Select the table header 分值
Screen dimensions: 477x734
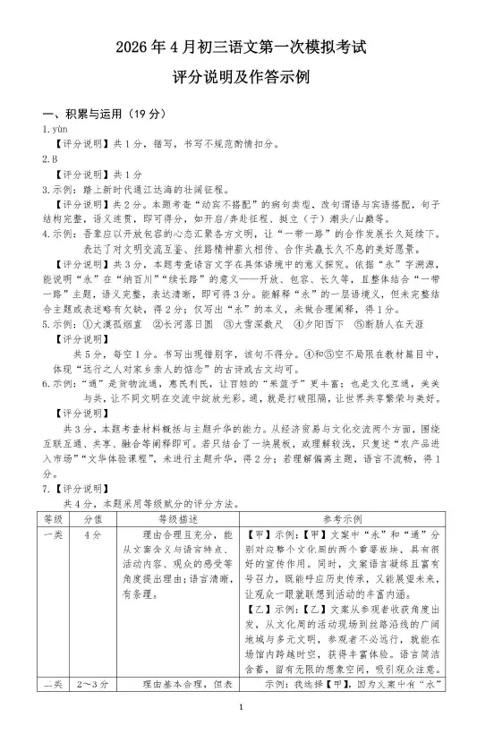tap(91, 516)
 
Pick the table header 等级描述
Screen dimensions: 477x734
tap(175, 516)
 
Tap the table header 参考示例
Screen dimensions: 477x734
tap(343, 516)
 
